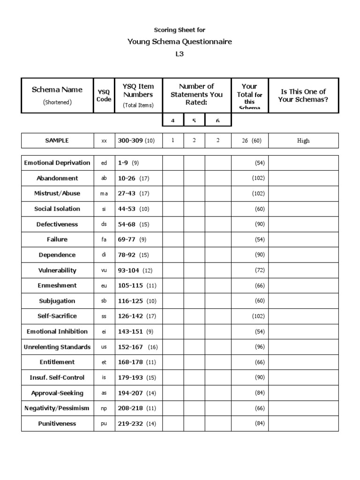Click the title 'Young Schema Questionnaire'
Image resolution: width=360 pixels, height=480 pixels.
[x=180, y=42]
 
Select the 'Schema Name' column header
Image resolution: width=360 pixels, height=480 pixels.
[x=57, y=90]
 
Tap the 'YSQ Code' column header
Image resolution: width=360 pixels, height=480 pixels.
[x=104, y=96]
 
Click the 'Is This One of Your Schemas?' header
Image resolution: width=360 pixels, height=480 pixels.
[x=303, y=95]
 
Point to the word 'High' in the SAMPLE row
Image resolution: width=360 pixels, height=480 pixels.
[x=303, y=141]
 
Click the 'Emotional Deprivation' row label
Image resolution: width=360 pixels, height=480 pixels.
[x=57, y=163]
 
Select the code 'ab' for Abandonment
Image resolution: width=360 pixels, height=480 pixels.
[x=104, y=179]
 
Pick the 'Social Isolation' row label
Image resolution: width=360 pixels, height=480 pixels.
[x=57, y=209]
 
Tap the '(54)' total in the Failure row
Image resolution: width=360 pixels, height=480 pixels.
[x=260, y=240]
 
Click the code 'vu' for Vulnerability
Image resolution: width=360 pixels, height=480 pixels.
[x=104, y=270]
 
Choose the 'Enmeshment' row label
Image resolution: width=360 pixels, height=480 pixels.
[x=57, y=285]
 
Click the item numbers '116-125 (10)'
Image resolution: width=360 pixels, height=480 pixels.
[x=137, y=301]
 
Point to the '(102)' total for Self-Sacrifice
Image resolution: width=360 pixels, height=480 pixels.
[x=258, y=316]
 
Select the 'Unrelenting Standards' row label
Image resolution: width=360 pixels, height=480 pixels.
[x=57, y=347]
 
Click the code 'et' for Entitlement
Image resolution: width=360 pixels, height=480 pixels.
[x=104, y=362]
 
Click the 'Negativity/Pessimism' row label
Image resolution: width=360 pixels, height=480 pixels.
[x=57, y=408]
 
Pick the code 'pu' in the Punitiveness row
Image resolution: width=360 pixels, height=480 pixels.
[x=104, y=424]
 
